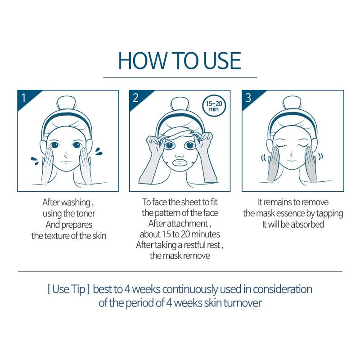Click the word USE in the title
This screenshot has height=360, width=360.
[x=222, y=61]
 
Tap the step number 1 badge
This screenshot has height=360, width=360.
[x=27, y=98]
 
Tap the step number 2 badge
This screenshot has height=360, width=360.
[x=139, y=98]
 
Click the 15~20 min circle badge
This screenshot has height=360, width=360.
[x=214, y=107]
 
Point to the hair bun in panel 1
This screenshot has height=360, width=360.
[x=67, y=104]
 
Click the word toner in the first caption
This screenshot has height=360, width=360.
[x=85, y=214]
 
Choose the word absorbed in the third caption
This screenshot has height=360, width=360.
[x=307, y=224]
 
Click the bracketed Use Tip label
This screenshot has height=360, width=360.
[x=69, y=289]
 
